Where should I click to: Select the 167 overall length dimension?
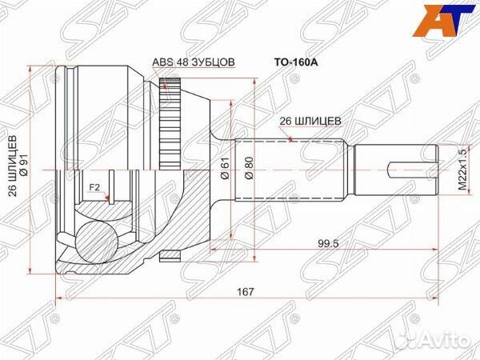point(246,292)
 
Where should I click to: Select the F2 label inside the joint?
point(94,187)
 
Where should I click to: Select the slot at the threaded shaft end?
point(412,170)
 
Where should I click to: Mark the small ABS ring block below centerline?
point(168,255)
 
